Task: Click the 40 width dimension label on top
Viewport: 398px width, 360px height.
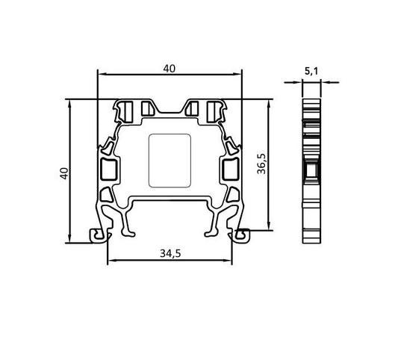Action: click(x=170, y=68)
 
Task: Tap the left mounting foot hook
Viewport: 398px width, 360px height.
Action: click(x=98, y=235)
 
